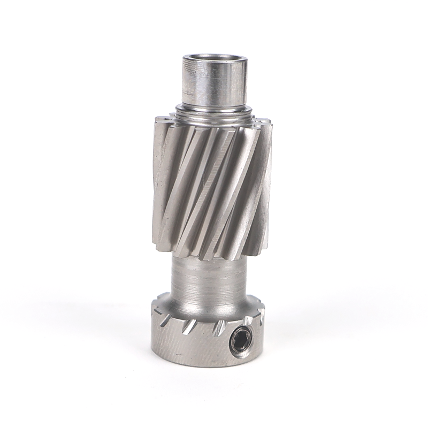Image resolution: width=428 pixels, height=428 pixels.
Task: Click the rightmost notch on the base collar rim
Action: click(x=261, y=317)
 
